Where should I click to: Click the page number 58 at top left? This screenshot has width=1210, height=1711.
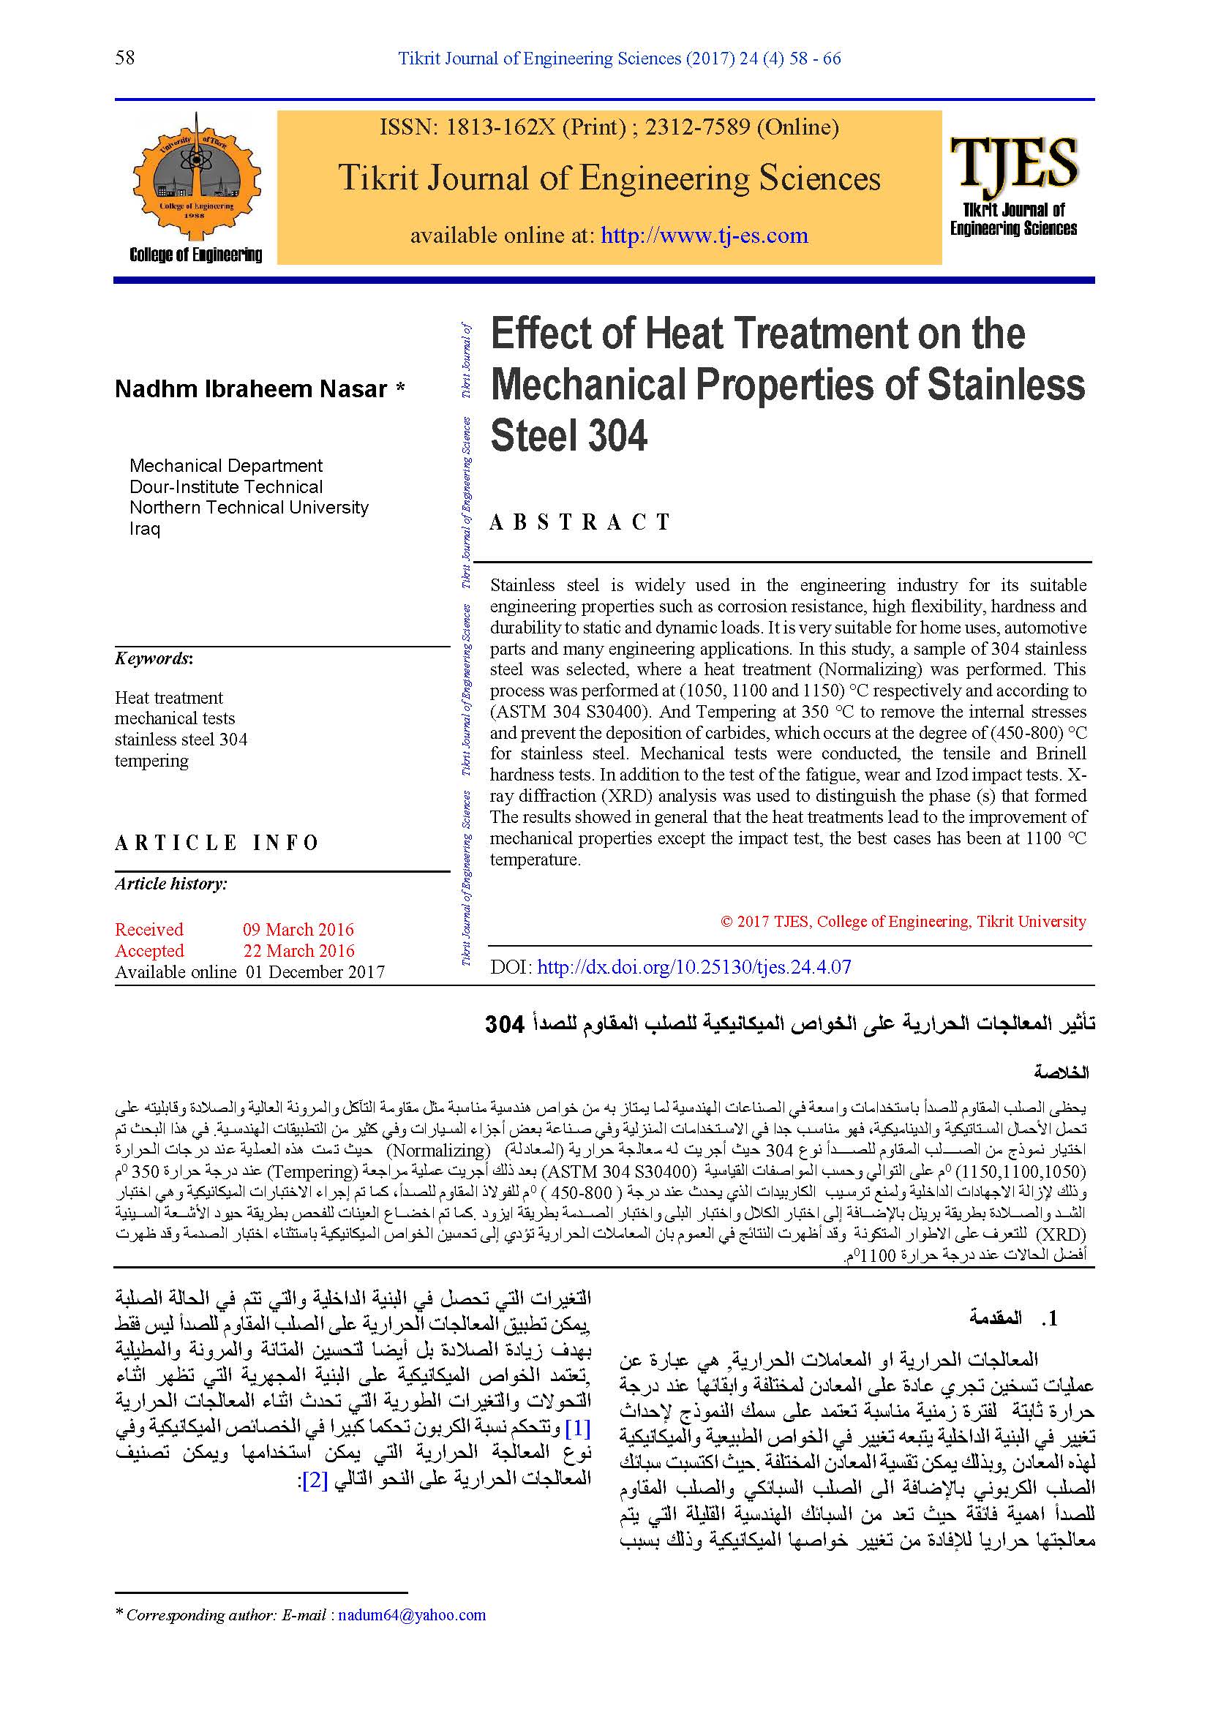tap(125, 57)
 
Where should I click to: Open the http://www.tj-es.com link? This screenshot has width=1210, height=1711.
tap(704, 236)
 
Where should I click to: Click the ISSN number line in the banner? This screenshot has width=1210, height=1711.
tap(609, 127)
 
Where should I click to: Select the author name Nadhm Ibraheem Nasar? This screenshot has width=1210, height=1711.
tap(251, 389)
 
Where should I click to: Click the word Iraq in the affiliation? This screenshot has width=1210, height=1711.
tap(145, 529)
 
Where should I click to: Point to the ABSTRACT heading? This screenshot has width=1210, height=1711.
tap(580, 522)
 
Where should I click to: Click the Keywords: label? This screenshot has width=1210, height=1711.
tap(154, 659)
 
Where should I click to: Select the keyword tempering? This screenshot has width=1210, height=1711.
tap(151, 761)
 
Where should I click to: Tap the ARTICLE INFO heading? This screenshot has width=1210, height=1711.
tap(217, 843)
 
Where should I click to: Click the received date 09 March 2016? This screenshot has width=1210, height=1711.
tap(298, 929)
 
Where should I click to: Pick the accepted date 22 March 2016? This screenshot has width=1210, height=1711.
tap(298, 951)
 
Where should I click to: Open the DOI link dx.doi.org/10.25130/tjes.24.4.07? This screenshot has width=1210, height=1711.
tap(694, 967)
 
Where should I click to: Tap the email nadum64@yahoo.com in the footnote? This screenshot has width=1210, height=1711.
tap(411, 1615)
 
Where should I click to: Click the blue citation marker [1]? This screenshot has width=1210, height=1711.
tap(578, 1429)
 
